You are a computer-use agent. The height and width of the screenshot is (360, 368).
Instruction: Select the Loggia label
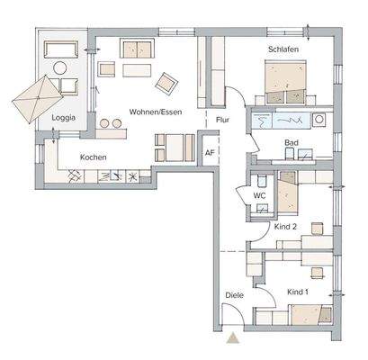[63, 118]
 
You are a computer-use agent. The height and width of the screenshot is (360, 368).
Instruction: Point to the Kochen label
[94, 157]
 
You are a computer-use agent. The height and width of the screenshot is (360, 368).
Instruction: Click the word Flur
[224, 117]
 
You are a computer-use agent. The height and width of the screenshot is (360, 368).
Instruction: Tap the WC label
[258, 193]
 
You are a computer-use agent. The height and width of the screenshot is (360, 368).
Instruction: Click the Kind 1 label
[298, 292]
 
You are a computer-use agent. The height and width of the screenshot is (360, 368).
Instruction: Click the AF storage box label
[210, 152]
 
